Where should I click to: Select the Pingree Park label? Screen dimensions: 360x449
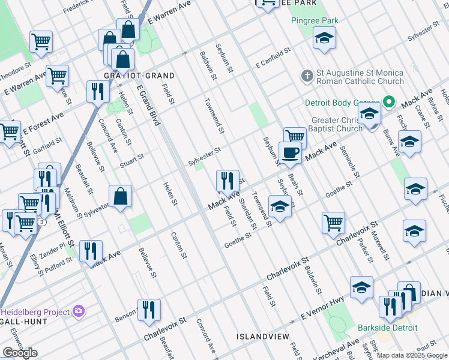[x=315, y=20]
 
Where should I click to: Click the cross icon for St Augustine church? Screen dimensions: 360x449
[x=307, y=76]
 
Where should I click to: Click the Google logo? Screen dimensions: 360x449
[x=20, y=353]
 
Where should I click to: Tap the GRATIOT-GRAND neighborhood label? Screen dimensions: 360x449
[x=139, y=76]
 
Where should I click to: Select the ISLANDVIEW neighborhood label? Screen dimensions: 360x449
[x=262, y=336]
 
